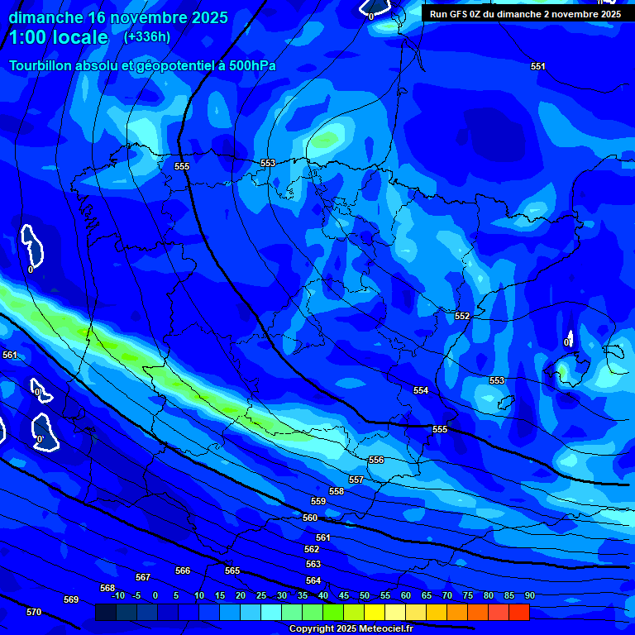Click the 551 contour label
tap(538, 66)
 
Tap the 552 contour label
tap(462, 316)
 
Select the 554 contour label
tap(422, 390)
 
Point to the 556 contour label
tap(376, 460)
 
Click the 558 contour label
tap(337, 491)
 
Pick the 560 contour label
tap(310, 518)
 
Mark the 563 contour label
tap(313, 564)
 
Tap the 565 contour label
tap(232, 571)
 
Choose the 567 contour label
tap(143, 577)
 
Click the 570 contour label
tap(33, 612)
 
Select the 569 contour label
tap(71, 599)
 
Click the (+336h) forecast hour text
tap(147, 36)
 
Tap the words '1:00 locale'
tap(58, 37)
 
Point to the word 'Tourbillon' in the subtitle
tap(41, 66)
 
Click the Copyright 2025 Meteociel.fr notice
tap(351, 629)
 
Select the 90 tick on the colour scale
tap(529, 595)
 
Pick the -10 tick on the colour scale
tap(117, 595)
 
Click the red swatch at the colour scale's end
tap(518, 613)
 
